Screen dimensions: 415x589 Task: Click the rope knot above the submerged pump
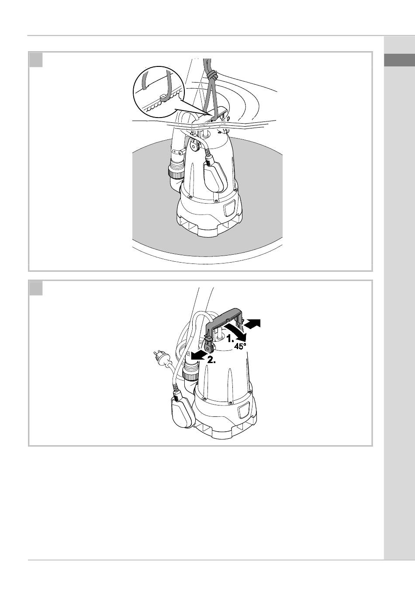click(212, 76)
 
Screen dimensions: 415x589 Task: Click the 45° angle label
click(240, 346)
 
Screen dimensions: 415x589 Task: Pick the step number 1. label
click(231, 338)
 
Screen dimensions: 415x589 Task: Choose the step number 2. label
click(211, 360)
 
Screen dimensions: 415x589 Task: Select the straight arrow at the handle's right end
click(253, 324)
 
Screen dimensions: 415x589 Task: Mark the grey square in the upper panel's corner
click(36, 60)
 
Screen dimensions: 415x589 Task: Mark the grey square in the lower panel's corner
click(36, 288)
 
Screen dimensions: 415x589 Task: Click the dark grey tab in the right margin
click(400, 60)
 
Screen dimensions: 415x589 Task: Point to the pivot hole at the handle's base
click(209, 348)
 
